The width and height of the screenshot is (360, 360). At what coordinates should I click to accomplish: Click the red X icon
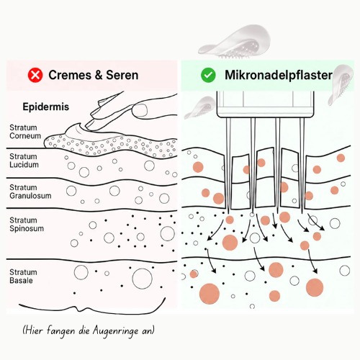point(35,75)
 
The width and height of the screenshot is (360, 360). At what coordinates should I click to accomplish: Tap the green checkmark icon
point(208,75)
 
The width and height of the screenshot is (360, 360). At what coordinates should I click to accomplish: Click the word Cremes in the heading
point(70,75)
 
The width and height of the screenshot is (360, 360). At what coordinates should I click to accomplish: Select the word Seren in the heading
point(122,75)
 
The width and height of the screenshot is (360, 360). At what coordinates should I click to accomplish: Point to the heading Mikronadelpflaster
point(279,75)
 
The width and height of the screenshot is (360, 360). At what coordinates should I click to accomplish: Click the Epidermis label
point(46,107)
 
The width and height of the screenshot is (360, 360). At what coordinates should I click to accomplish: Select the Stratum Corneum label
point(25,132)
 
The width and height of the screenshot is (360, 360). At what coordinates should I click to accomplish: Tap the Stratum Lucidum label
point(24,161)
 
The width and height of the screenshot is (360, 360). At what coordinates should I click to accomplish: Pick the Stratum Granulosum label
point(30,192)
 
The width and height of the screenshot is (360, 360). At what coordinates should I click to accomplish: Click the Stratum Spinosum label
point(27,224)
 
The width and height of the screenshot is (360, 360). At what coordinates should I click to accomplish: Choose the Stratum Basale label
point(23,276)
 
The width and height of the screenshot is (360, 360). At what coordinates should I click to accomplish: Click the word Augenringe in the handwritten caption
point(116,331)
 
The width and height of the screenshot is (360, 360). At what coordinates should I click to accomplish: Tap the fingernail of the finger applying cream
point(140,110)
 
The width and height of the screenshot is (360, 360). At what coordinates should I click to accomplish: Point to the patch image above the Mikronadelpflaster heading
point(235,41)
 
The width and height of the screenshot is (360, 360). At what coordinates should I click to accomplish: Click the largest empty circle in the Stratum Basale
point(143,279)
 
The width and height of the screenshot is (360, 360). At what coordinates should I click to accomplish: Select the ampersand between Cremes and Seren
point(99,75)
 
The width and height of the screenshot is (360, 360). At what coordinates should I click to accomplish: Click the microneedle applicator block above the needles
point(265,104)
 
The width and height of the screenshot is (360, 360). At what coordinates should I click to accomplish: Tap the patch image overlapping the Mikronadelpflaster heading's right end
point(341,84)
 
